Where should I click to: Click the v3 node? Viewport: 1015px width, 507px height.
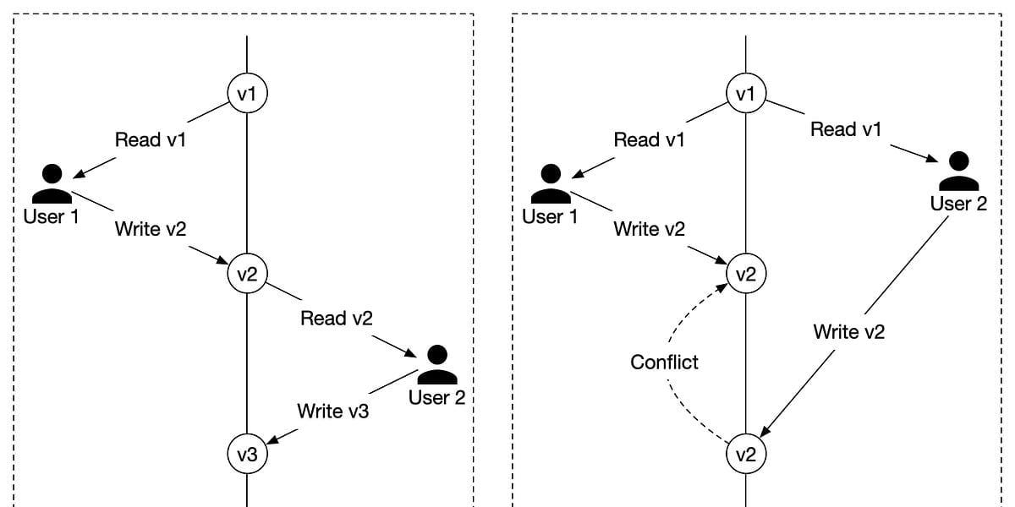pos(247,454)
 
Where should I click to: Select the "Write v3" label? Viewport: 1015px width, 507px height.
pos(333,411)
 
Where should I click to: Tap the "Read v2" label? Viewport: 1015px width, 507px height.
pos(337,319)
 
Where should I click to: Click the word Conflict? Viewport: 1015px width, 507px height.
pos(664,363)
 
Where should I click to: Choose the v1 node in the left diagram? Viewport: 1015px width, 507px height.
pos(247,93)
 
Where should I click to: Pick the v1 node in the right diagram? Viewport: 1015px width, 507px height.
pos(746,93)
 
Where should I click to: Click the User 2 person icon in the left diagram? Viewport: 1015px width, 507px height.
pos(437,365)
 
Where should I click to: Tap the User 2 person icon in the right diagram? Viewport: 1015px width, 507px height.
pos(959,171)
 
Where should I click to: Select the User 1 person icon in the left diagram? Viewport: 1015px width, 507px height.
pos(52,184)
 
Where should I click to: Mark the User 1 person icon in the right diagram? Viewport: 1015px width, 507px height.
pos(551,184)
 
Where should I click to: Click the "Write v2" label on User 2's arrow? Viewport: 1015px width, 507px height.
pos(848,332)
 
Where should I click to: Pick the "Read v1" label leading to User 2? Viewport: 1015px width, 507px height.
pos(846,129)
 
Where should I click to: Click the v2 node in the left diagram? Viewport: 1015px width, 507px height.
pos(247,274)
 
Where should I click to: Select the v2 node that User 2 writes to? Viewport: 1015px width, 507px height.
pos(746,454)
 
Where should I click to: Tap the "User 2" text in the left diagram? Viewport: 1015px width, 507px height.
pos(436,397)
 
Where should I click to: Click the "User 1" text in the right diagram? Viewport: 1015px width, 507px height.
pos(550,216)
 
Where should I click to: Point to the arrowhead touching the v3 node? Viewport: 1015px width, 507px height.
pos(272,439)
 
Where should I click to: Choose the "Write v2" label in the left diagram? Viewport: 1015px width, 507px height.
pos(151,229)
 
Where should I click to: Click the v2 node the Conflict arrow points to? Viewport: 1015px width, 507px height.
pos(746,274)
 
